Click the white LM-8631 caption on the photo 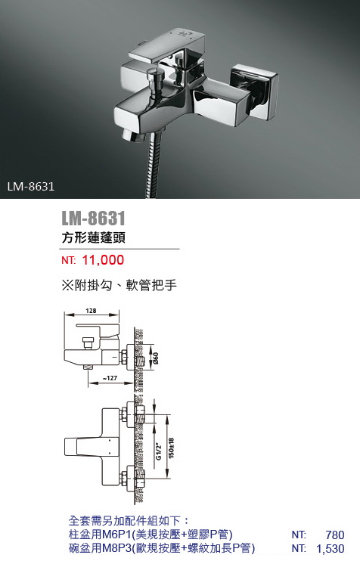[x=31, y=187]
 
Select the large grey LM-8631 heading [x=93, y=218]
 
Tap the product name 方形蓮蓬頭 [x=93, y=238]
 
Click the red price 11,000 [x=103, y=260]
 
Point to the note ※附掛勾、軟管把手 [x=119, y=285]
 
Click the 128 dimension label [x=91, y=311]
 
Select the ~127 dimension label [x=110, y=378]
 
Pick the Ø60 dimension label [x=156, y=358]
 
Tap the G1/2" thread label [x=160, y=452]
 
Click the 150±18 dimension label [x=172, y=448]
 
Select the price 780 [x=335, y=535]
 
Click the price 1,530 [x=331, y=548]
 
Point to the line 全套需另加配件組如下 [x=129, y=521]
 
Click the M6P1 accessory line [x=151, y=535]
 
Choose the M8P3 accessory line [x=161, y=548]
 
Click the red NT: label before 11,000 [x=69, y=260]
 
